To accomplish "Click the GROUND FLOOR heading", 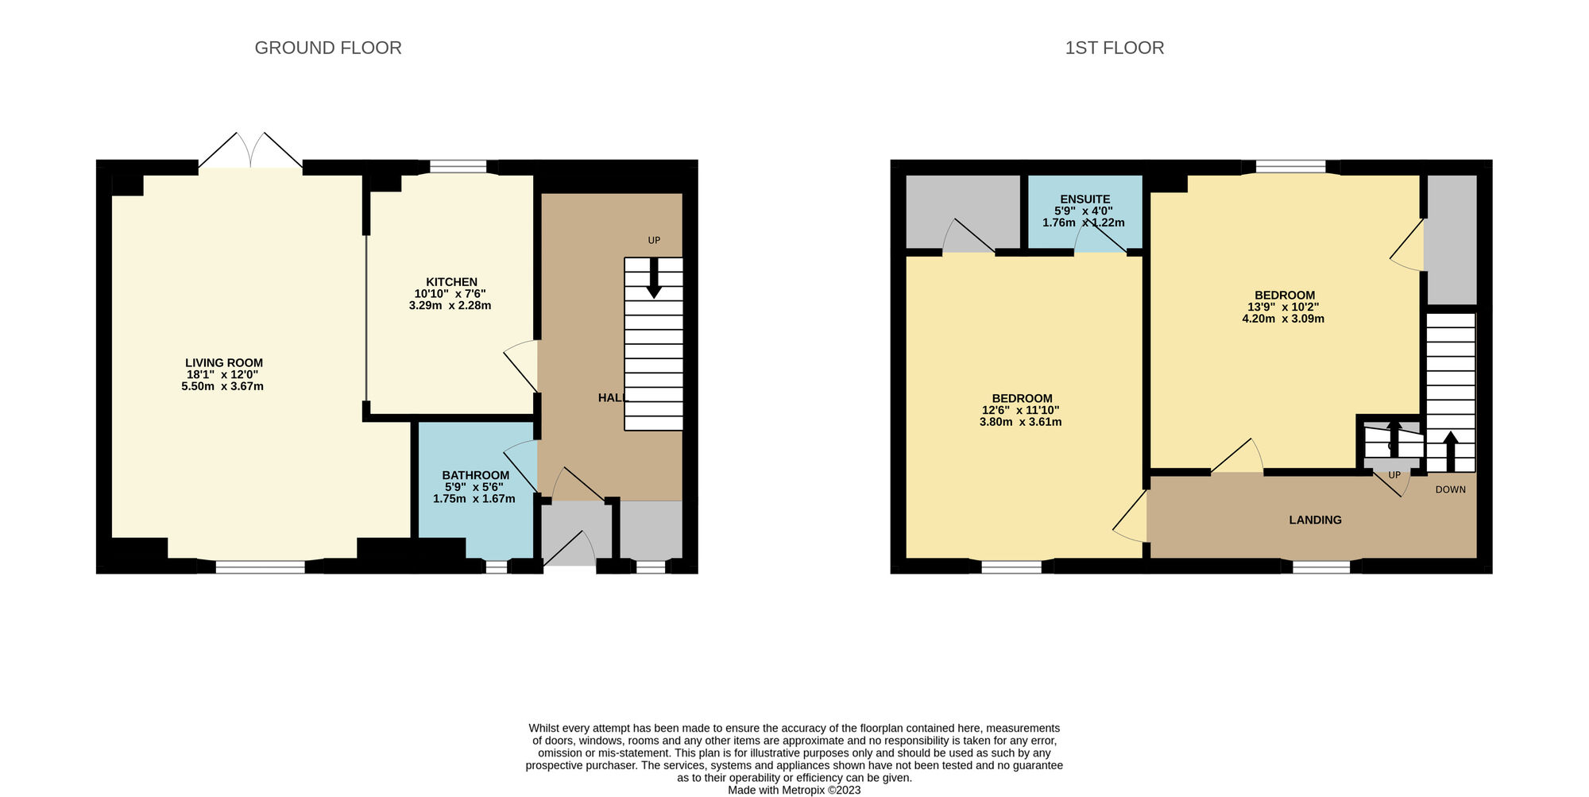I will pyautogui.click(x=327, y=48).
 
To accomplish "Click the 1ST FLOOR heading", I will pyautogui.click(x=1114, y=48).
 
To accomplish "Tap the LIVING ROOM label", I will pyautogui.click(x=223, y=363).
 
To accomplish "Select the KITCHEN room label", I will pyautogui.click(x=451, y=282).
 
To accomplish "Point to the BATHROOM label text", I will pyautogui.click(x=475, y=475).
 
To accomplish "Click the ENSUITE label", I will pyautogui.click(x=1084, y=199).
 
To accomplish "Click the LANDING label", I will pyautogui.click(x=1315, y=520).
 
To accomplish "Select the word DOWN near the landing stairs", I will pyautogui.click(x=1450, y=489).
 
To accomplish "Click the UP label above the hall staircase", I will pyautogui.click(x=654, y=240).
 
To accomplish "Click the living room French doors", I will pyautogui.click(x=250, y=151).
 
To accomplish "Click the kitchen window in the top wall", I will pyautogui.click(x=458, y=167).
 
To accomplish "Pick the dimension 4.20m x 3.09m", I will pyautogui.click(x=1283, y=319).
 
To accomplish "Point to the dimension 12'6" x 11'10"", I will pyautogui.click(x=1020, y=410).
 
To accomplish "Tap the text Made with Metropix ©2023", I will pyautogui.click(x=794, y=790).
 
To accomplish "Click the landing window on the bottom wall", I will pyautogui.click(x=1320, y=567).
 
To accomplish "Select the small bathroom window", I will pyautogui.click(x=496, y=567).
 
